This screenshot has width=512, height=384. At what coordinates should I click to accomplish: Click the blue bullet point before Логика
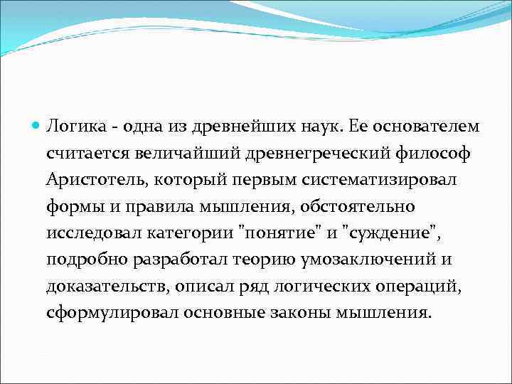click(37, 127)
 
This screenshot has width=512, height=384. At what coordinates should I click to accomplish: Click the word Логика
click(71, 127)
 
